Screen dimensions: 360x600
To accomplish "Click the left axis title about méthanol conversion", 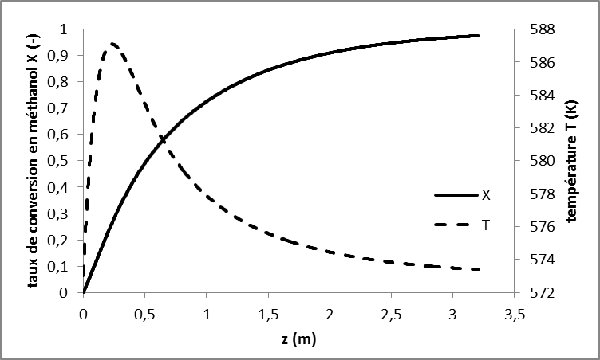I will [36, 159].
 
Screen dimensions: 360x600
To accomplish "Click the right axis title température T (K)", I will [571, 159].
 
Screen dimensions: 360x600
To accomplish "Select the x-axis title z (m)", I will [299, 341].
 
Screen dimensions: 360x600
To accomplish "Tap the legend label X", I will [486, 195].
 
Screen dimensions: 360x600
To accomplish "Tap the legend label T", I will [486, 225].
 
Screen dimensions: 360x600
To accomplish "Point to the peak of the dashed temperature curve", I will [112, 44].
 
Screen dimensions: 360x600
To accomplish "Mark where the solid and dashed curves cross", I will [163, 139].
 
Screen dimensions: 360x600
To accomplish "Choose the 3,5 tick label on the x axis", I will [514, 313].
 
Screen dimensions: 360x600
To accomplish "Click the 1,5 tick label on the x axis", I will [267, 313].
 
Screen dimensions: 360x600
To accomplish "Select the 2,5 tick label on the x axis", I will [391, 313].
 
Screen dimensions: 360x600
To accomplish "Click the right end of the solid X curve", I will [479, 36].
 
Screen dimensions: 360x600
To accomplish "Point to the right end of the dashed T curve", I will [479, 269].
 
